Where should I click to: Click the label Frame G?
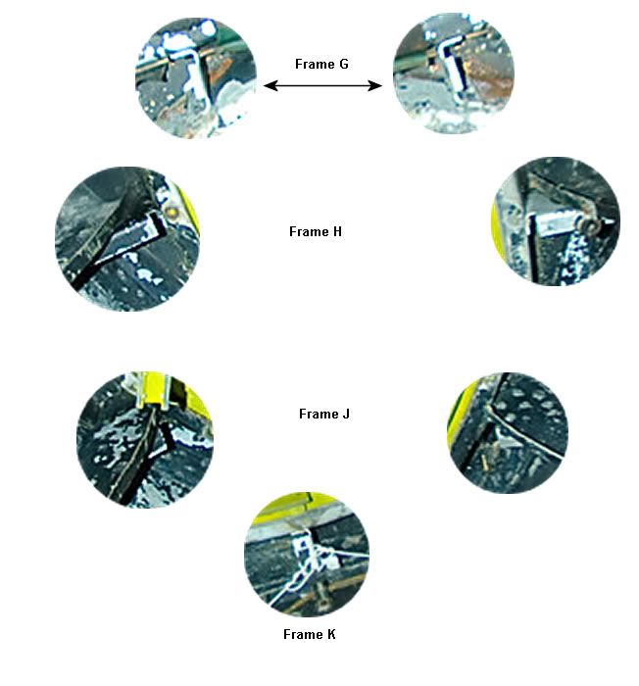click(x=321, y=64)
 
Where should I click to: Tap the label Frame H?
click(x=316, y=231)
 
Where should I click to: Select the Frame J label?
click(x=323, y=414)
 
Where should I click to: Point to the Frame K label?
click(x=309, y=634)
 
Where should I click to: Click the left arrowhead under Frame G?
click(x=270, y=85)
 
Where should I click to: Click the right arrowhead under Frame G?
click(x=375, y=85)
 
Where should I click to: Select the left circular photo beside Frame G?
click(x=196, y=77)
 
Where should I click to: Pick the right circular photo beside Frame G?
click(x=454, y=73)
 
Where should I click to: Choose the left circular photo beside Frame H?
click(x=127, y=239)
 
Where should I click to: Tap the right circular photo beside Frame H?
click(x=557, y=221)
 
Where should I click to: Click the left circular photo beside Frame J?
click(x=145, y=440)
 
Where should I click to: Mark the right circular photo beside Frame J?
click(x=508, y=433)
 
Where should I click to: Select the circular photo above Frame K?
click(x=307, y=555)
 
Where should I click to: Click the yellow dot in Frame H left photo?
click(x=172, y=213)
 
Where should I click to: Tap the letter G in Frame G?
click(x=344, y=64)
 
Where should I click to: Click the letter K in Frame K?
click(x=331, y=634)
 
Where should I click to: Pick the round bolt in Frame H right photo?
click(x=589, y=225)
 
